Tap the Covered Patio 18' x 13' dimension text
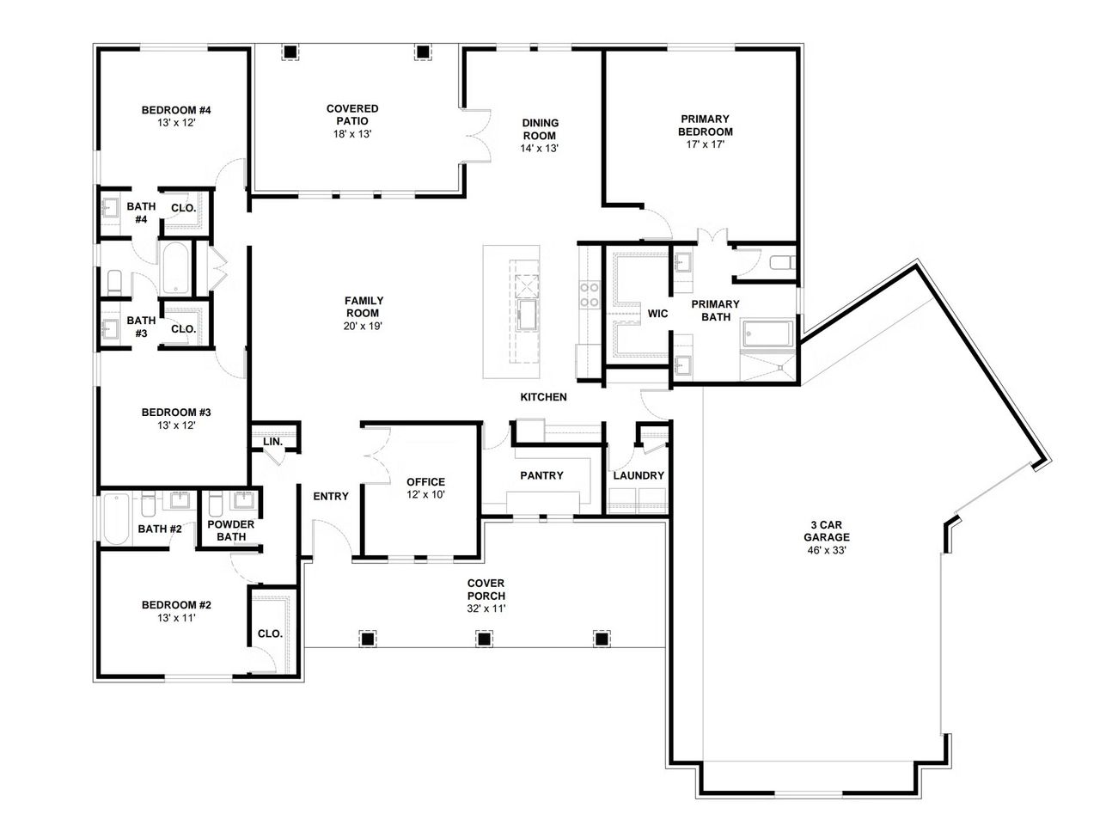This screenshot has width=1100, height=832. tap(352, 134)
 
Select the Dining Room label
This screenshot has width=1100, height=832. tap(540, 129)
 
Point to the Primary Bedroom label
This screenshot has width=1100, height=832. tap(706, 125)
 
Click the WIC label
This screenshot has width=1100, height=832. tap(657, 314)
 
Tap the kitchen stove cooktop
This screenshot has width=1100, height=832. tap(590, 295)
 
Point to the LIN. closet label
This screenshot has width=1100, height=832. tap(272, 442)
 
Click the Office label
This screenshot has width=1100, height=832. tap(425, 482)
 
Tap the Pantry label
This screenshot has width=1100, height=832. tap(541, 475)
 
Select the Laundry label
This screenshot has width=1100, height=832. tap(639, 475)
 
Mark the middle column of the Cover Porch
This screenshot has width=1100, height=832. tap(485, 639)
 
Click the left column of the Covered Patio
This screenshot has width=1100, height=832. tap(291, 52)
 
